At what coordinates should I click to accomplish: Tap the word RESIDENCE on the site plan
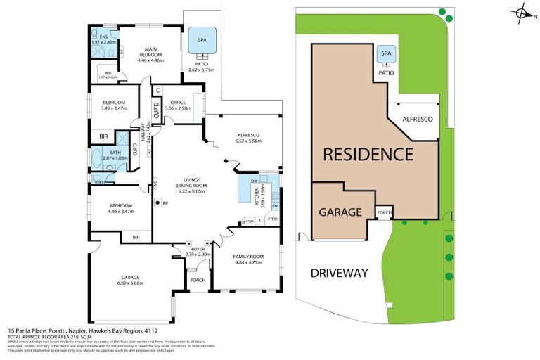pyautogui.click(x=368, y=153)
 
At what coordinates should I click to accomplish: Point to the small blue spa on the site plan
pyautogui.click(x=385, y=53)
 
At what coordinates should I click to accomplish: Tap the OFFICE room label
pyautogui.click(x=178, y=103)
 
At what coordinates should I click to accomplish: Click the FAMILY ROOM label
pyautogui.click(x=247, y=256)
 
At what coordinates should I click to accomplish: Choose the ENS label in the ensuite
pyautogui.click(x=103, y=37)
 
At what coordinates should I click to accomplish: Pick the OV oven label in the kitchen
pyautogui.click(x=276, y=205)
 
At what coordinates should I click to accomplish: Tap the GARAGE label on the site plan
pyautogui.click(x=340, y=211)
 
